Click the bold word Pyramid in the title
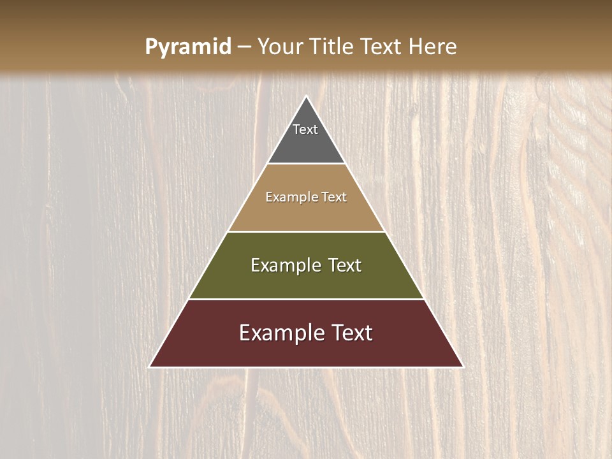pos(187,47)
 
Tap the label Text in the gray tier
pos(305,129)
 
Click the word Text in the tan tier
pos(334,198)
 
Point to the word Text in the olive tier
pos(345,265)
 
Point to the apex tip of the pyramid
pos(306,98)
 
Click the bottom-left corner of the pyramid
pos(150,366)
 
